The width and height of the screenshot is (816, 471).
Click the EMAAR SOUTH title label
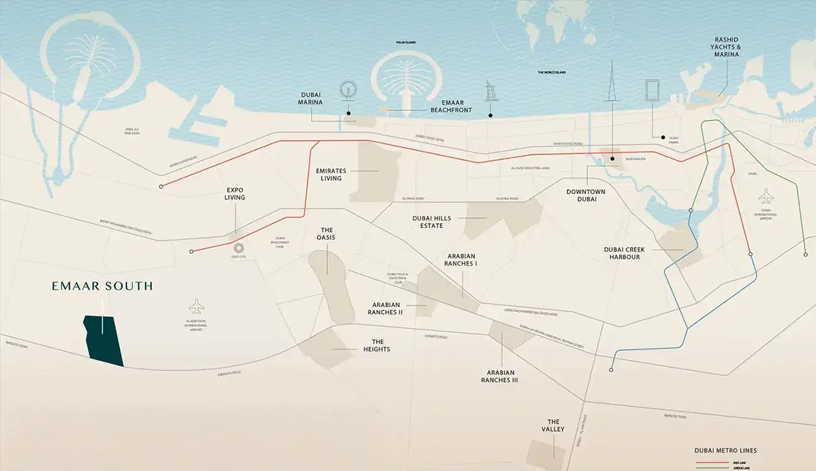(x=102, y=286)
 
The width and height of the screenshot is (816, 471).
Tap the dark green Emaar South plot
(x=104, y=340)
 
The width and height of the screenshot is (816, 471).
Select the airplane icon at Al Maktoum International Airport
(x=196, y=306)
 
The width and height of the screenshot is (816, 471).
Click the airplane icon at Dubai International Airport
(x=766, y=196)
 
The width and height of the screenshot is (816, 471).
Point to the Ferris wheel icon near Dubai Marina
(x=347, y=91)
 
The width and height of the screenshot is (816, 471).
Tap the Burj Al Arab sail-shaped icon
(x=491, y=92)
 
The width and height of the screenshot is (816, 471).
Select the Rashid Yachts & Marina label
(x=725, y=46)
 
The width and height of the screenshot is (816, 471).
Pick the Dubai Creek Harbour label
(x=624, y=253)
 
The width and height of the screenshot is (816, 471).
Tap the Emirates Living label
(x=331, y=174)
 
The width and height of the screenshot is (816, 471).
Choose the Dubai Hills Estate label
(x=427, y=222)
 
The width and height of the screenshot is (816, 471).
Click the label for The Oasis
(x=326, y=234)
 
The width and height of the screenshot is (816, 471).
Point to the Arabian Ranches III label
(x=500, y=376)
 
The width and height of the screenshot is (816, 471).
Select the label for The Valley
(x=553, y=426)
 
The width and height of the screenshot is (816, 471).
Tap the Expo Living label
(x=235, y=193)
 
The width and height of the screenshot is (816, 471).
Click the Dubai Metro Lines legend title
(x=725, y=450)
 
